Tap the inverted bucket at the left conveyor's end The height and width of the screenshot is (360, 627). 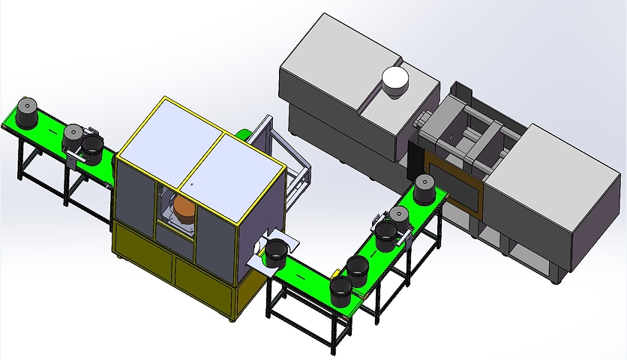pos(28,112)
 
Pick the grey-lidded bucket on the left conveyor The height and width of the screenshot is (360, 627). pos(73,136)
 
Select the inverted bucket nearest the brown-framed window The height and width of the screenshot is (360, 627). pos(424,188)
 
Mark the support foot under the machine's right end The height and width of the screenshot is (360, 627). pos(556,277)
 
